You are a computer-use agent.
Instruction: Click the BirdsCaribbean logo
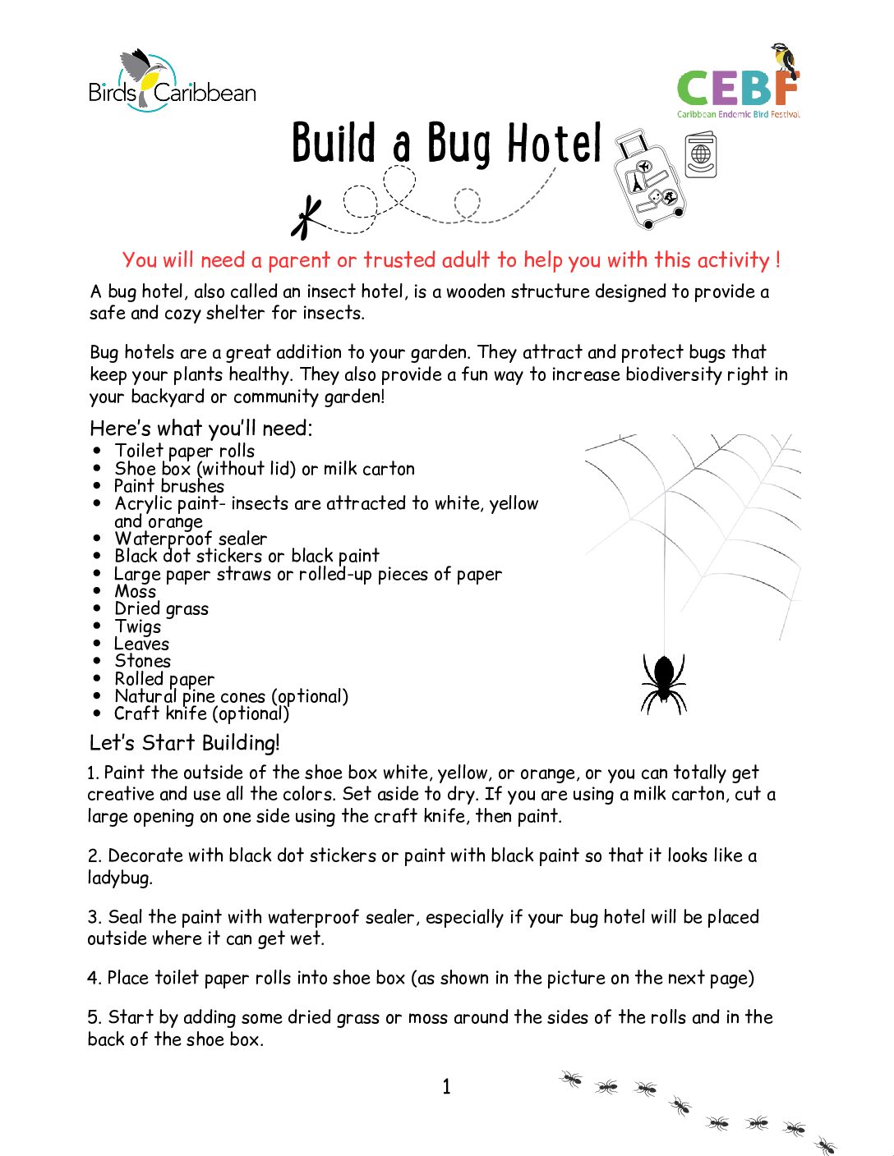(x=172, y=82)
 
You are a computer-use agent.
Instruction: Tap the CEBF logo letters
(x=736, y=89)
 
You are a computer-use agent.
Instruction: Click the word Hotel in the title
(x=554, y=144)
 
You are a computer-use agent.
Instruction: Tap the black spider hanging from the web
(x=663, y=682)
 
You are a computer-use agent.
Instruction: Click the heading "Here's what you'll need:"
(x=200, y=428)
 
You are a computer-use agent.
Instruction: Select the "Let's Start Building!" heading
(x=184, y=743)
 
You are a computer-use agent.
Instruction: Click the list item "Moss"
(x=136, y=591)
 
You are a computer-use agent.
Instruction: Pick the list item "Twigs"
(x=138, y=626)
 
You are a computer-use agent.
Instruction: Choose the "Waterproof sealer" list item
(x=191, y=539)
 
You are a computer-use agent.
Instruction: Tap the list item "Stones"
(x=143, y=661)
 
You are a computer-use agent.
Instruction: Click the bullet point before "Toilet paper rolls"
(x=97, y=451)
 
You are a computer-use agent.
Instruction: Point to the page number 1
(x=446, y=1087)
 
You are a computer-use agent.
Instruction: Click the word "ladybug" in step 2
(x=120, y=878)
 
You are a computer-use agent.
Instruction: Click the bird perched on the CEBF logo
(x=785, y=59)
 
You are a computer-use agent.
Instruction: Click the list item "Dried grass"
(x=162, y=609)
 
